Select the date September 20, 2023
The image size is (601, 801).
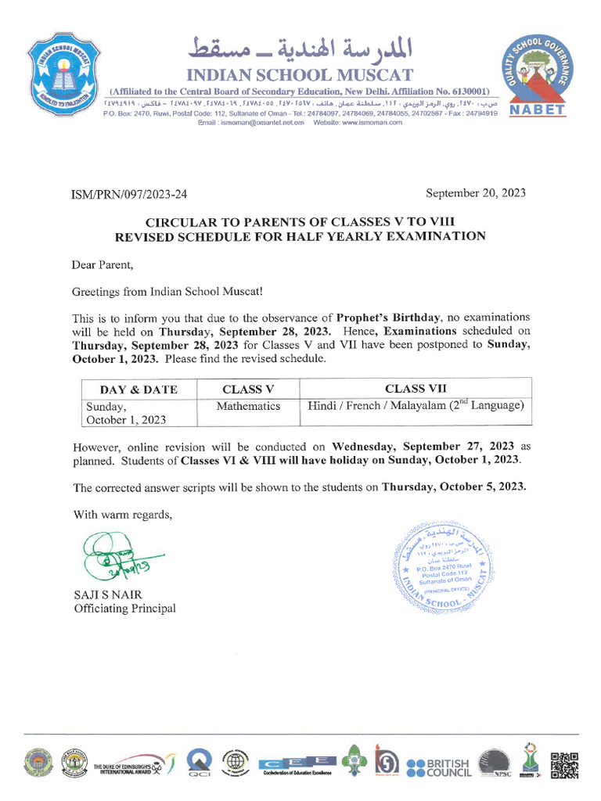[x=476, y=193]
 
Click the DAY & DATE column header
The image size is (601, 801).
[x=139, y=389]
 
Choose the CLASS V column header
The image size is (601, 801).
[x=248, y=389]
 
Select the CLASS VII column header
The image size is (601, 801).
[x=416, y=389]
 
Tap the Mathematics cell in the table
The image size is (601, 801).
[x=248, y=406]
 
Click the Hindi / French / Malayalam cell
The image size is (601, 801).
[x=416, y=406]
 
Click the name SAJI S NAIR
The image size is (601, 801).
[x=108, y=594]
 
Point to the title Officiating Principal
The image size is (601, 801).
[x=124, y=609]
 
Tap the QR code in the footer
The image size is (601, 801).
[x=564, y=766]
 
